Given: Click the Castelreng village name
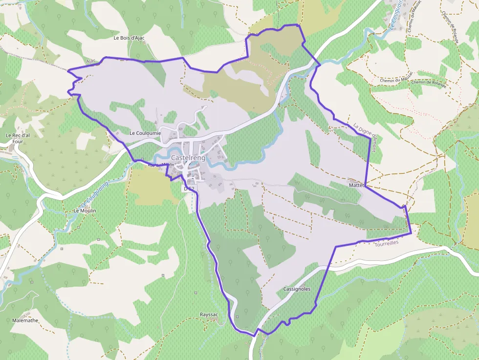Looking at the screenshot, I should point(188,158).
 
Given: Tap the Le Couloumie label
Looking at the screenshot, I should point(145,133).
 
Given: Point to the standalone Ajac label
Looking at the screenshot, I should point(91,61).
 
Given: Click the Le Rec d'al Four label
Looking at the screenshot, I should point(15,138).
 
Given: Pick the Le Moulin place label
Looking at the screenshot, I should point(85,211).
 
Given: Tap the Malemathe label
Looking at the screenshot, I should point(24,320).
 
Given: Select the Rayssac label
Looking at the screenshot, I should point(209,315).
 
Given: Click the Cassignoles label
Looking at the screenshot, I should point(297,289).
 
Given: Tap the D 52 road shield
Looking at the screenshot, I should point(189,189).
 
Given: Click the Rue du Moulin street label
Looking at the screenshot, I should point(161,165).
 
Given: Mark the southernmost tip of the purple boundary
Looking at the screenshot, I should point(254,336).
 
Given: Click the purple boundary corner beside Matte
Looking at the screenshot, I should point(366,186).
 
